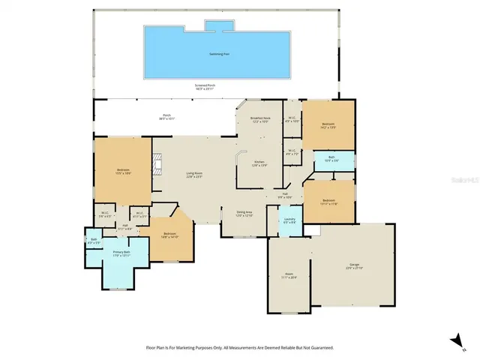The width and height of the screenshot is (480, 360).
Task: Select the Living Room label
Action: coord(195,175)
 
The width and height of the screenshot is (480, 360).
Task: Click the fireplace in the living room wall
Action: coord(157,164)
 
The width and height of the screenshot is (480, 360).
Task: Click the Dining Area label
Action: coord(244,214)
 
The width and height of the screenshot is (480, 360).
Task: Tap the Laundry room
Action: coord(289,222)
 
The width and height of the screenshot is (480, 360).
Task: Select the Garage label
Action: coord(354,266)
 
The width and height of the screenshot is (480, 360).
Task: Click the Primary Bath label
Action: coord(121,253)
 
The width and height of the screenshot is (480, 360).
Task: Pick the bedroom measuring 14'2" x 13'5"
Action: coord(328,125)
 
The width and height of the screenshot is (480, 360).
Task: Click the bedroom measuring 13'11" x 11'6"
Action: coord(328,201)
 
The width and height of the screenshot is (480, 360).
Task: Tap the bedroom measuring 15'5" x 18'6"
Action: coord(123,171)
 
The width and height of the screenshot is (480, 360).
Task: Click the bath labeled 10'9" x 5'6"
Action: coord(331,160)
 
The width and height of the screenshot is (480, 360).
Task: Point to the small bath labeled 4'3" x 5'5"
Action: coord(94,241)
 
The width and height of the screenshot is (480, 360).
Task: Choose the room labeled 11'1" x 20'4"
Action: coord(289,275)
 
